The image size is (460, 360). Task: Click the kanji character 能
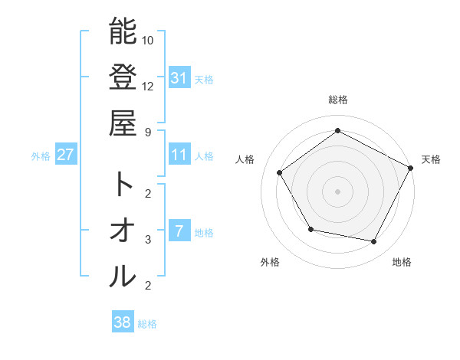pos(123,31)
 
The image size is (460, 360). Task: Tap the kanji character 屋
pos(123,122)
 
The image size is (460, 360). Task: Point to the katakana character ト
pos(123,184)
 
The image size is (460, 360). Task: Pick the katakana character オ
pos(123,231)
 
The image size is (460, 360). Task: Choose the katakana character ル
pos(123,277)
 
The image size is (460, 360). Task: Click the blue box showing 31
pos(179,77)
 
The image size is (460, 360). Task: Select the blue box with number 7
pos(179,231)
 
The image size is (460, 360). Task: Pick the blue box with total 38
pos(122,322)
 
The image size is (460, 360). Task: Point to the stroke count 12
pos(149,86)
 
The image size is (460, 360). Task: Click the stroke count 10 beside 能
pos(149,40)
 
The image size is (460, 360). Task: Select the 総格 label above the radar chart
pos(337,100)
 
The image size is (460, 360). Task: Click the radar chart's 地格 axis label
pos(402,262)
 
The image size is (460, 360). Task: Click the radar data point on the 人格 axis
pos(279,172)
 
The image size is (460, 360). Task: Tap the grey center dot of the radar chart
pos(337,191)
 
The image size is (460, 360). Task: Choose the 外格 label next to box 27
pos(41,156)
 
